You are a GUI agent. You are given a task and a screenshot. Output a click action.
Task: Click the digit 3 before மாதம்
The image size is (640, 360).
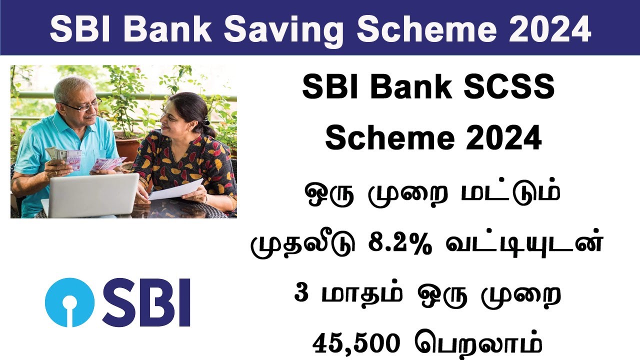301,293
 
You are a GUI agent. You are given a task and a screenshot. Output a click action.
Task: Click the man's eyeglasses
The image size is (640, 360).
82,105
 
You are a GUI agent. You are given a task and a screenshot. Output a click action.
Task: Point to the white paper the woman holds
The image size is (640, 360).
176,189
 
